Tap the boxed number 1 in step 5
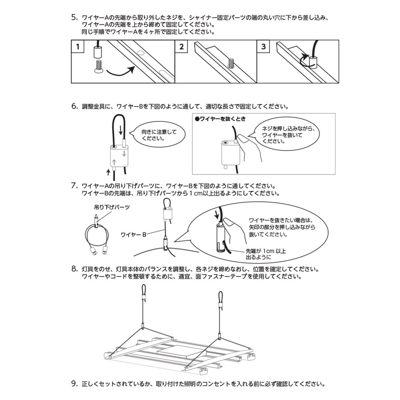coord(78,47)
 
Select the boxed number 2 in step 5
coord(182,47)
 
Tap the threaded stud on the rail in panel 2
coord(230,64)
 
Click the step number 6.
coord(74,106)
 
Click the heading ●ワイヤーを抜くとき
coord(219,119)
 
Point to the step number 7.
coord(74,186)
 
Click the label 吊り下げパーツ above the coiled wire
coord(107,208)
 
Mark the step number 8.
coord(74,268)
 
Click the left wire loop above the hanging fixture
coord(144,290)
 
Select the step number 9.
coord(74,384)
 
